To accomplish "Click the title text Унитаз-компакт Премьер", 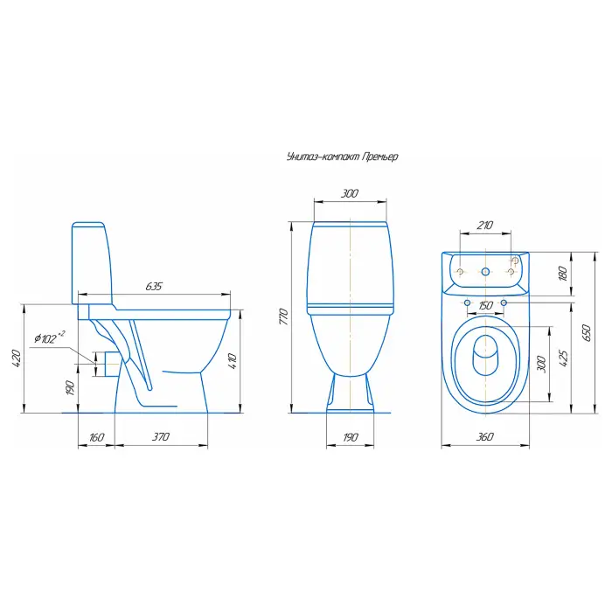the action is tap(343, 156).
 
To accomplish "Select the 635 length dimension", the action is tap(154, 286).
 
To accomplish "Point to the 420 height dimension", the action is tap(16, 358).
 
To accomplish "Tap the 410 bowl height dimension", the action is tap(232, 361).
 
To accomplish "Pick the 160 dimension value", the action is tap(96, 437).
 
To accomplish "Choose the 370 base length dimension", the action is tap(160, 436).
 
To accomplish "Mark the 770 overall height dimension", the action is tap(284, 316).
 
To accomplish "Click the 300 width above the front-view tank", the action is tap(350, 193).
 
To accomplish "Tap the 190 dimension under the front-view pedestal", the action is tap(350, 437).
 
